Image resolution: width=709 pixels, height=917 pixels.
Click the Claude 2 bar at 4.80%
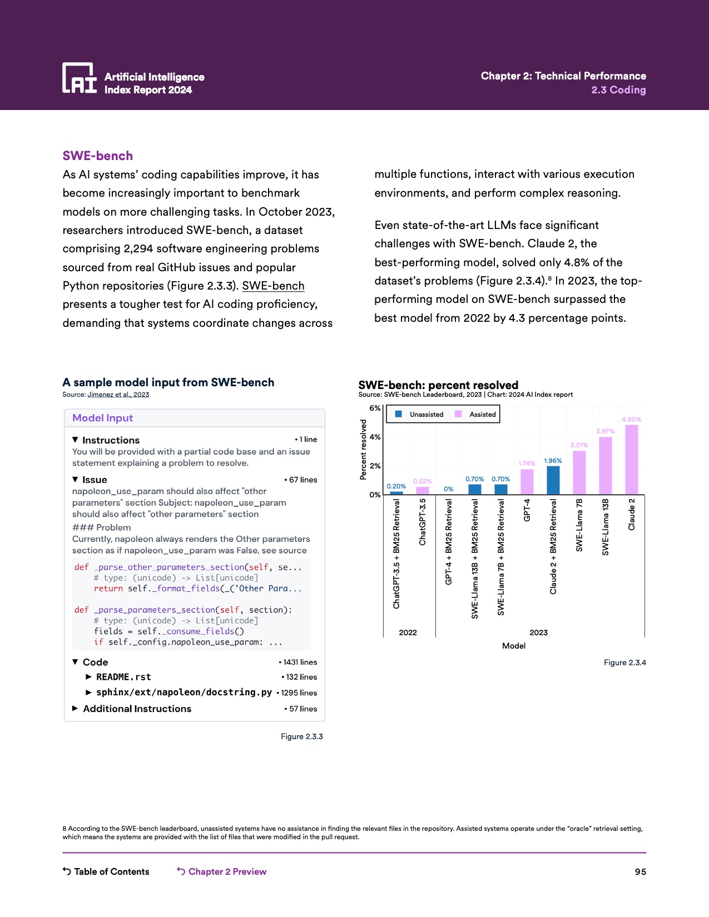[x=632, y=460]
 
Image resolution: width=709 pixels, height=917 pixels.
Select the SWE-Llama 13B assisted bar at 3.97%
[x=606, y=466]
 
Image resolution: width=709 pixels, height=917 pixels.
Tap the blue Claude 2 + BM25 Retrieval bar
[x=553, y=480]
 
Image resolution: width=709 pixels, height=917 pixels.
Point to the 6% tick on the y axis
[x=375, y=408]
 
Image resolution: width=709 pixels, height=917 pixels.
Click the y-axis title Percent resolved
[x=364, y=450]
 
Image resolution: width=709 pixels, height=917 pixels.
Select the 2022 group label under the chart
[x=408, y=632]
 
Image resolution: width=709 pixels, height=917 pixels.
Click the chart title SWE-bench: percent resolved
[x=438, y=385]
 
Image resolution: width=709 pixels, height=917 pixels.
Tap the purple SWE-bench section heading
[x=98, y=156]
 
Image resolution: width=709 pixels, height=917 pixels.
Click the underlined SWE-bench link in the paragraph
[x=273, y=286]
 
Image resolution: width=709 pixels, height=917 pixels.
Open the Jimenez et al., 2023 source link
[x=118, y=395]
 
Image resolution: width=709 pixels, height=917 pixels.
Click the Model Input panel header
[x=103, y=418]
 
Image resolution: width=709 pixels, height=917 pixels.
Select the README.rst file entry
[x=123, y=677]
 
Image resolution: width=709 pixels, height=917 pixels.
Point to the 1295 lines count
[x=299, y=693]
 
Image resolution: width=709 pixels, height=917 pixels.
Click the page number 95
[x=641, y=871]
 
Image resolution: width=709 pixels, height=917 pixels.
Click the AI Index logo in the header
[x=79, y=78]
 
